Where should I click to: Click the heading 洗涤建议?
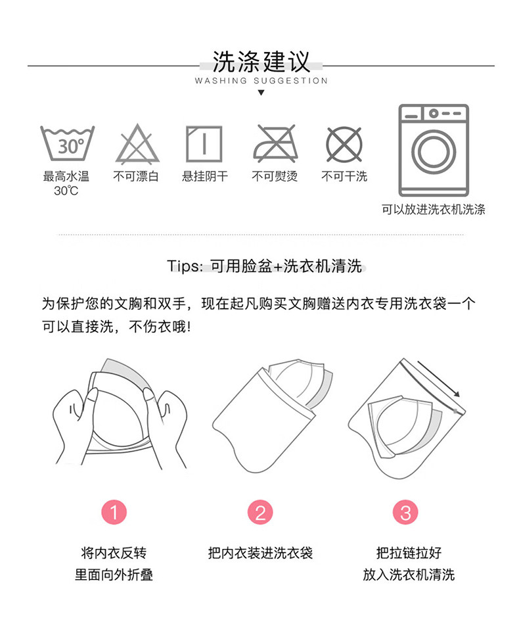click(261, 62)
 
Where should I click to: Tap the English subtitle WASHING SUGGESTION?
click(261, 81)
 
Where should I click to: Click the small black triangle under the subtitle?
click(261, 93)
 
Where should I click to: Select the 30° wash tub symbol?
click(67, 143)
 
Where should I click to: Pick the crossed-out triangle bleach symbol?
click(138, 144)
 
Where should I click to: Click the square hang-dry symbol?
click(204, 144)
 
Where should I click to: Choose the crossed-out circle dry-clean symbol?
click(344, 145)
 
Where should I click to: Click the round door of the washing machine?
click(434, 151)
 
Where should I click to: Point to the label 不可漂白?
click(136, 177)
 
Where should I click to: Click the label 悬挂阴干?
click(205, 177)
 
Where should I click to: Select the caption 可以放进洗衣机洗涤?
click(434, 210)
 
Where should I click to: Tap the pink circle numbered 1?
click(114, 512)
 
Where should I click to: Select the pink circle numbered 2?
click(260, 512)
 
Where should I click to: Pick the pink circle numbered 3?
click(405, 512)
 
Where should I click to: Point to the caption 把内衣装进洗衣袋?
click(260, 553)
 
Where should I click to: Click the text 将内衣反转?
click(114, 553)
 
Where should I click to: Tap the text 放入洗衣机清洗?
click(409, 575)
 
